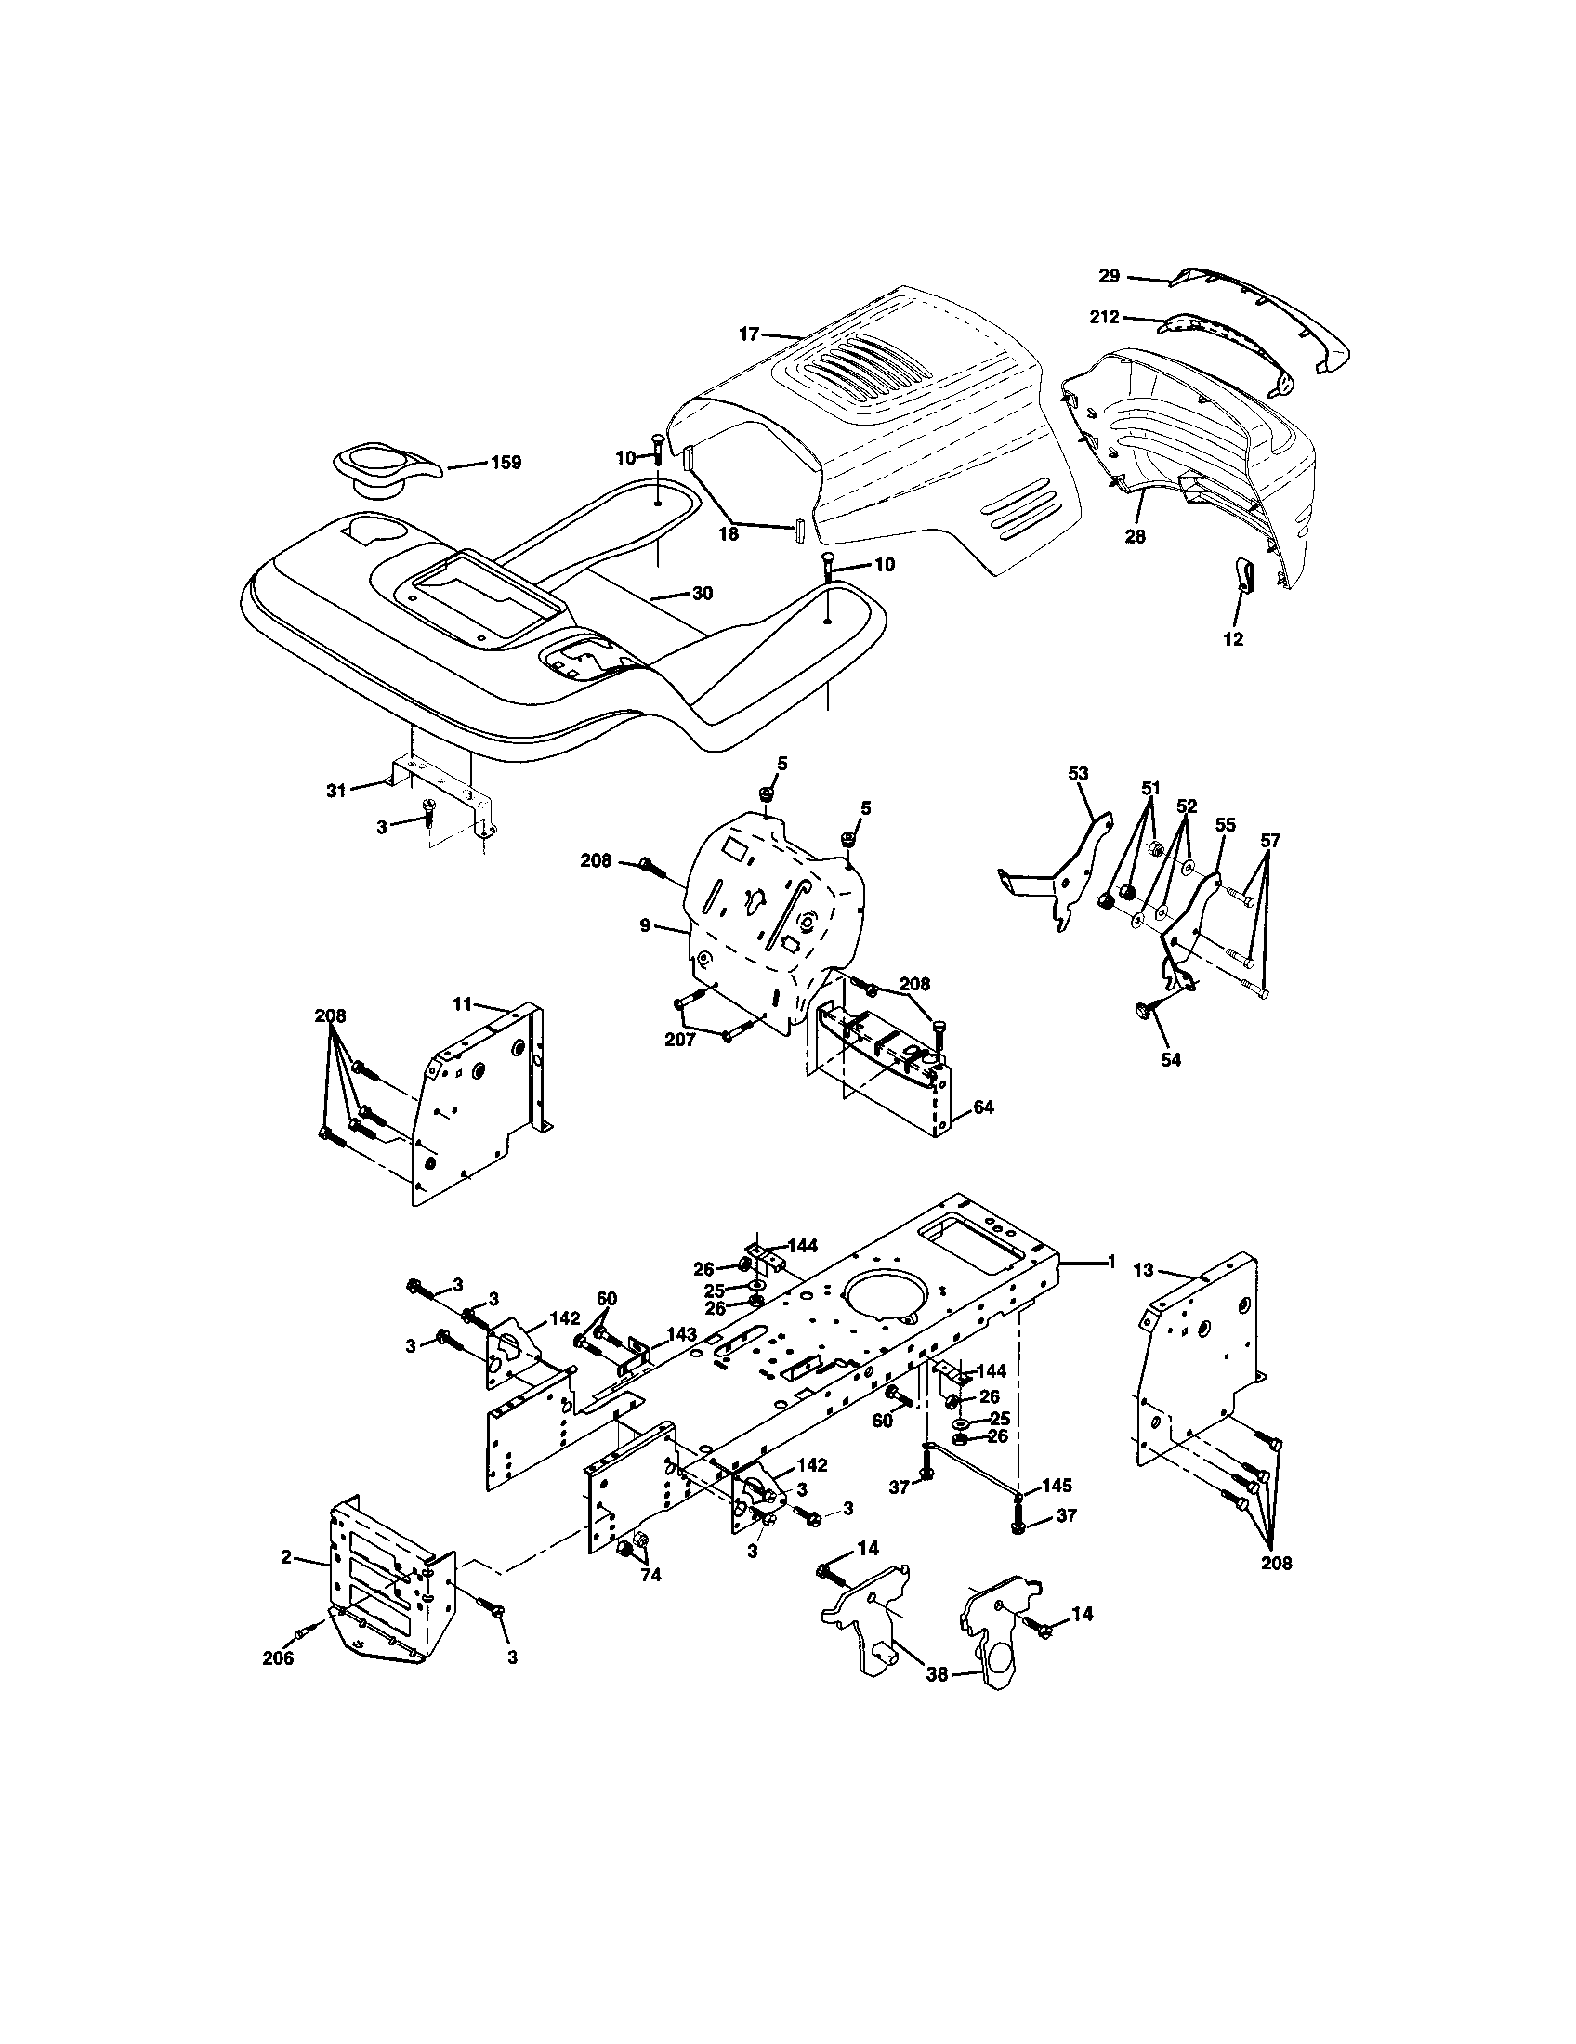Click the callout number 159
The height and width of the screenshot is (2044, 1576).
[x=506, y=463]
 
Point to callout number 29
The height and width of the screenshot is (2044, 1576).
[x=1109, y=277]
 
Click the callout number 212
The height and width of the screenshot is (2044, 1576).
[x=1104, y=317]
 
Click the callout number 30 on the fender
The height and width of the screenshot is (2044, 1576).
[x=702, y=594]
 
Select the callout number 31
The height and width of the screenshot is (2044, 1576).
[x=336, y=791]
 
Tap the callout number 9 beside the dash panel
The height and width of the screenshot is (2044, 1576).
[x=645, y=925]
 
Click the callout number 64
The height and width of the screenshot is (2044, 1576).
[x=983, y=1107]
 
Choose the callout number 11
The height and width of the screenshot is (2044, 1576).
[x=463, y=1003]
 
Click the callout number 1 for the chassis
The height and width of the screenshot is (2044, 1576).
[x=1111, y=1263]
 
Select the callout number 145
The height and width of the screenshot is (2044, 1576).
[x=1056, y=1487]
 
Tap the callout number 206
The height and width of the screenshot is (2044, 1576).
[x=278, y=1660]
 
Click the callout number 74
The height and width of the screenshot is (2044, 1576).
[x=650, y=1576]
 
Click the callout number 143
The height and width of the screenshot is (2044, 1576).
[x=681, y=1333]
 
